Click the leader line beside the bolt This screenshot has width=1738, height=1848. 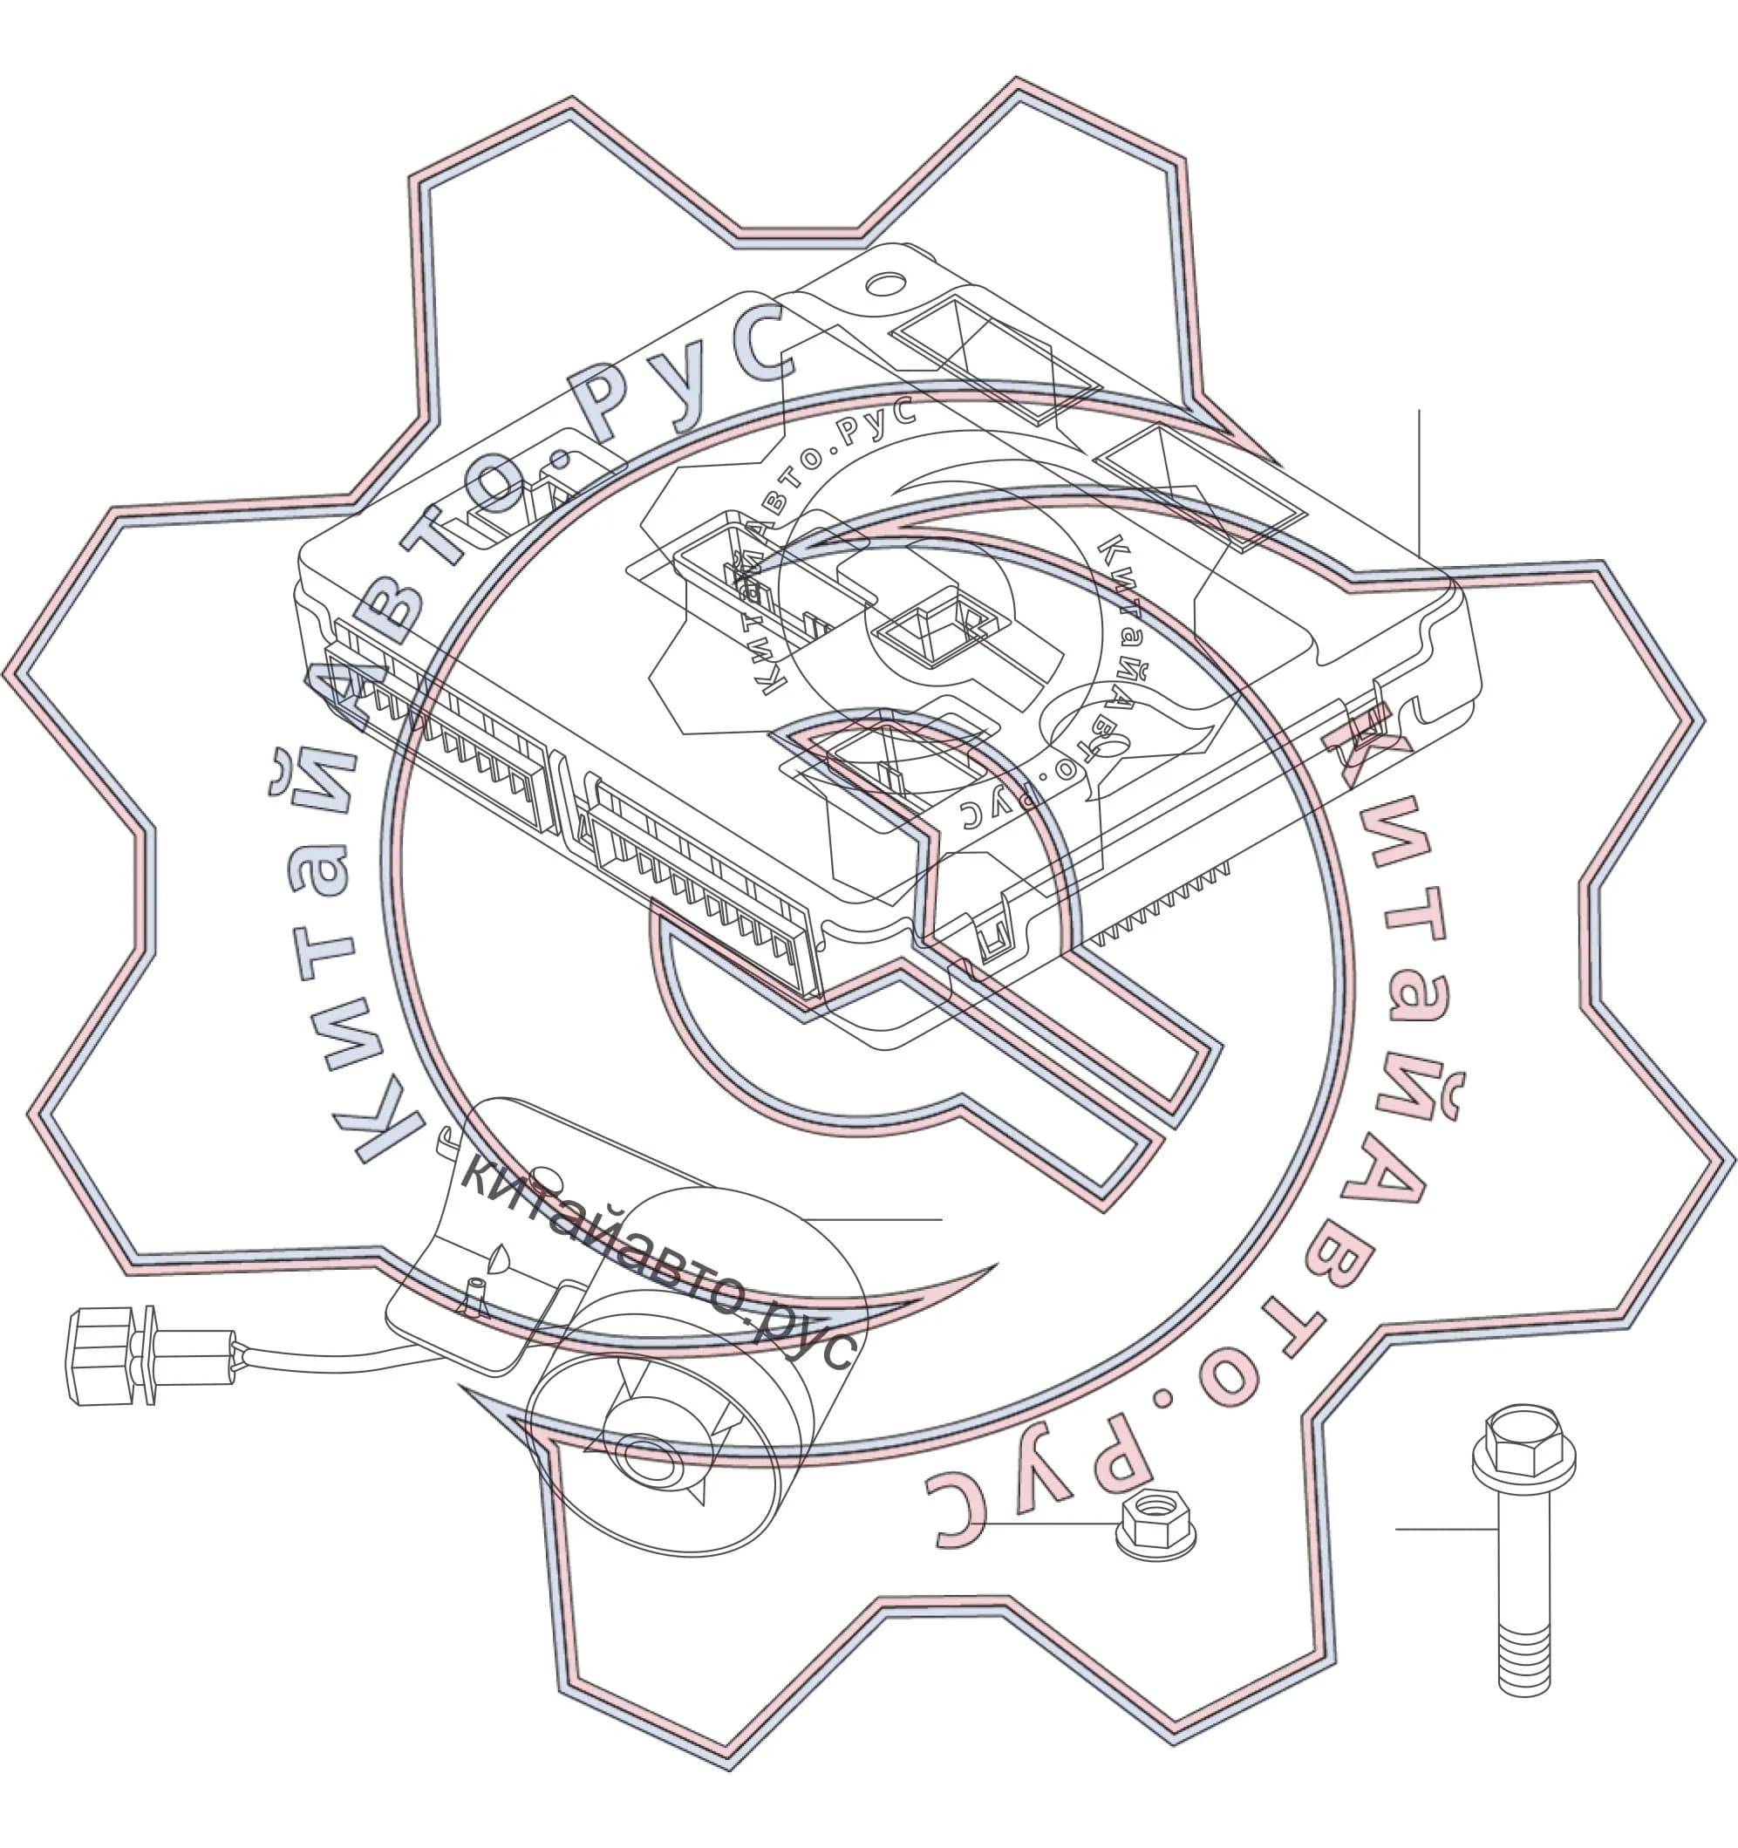pyautogui.click(x=1446, y=1528)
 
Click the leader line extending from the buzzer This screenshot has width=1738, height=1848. pyautogui.click(x=874, y=1218)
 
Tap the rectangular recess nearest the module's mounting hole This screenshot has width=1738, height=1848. pyautogui.click(x=994, y=358)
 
